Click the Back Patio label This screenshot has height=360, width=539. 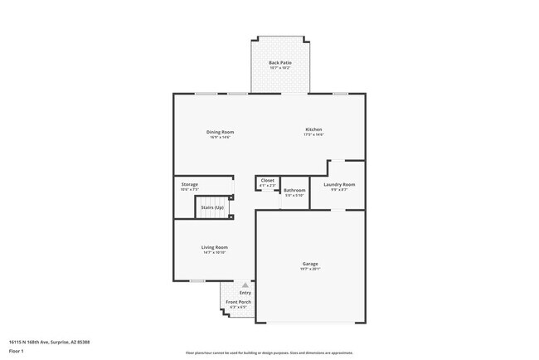[279, 62]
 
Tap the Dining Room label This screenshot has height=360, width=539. [220, 132]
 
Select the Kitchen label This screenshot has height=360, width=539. [313, 129]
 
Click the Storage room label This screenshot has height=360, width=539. [190, 184]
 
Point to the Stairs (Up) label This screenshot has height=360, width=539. [212, 207]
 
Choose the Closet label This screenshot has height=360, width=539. [267, 180]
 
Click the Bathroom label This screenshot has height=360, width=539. [294, 190]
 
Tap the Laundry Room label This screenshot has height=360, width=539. [339, 184]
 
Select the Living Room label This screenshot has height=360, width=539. [214, 247]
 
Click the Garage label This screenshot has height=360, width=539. [309, 264]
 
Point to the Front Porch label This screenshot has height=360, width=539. [238, 302]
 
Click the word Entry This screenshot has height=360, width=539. [245, 293]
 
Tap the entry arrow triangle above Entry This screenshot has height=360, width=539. [245, 285]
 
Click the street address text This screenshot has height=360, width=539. [49, 341]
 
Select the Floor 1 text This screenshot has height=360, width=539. [16, 351]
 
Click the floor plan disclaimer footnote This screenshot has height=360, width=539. [269, 353]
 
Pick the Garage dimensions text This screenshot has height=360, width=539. [309, 269]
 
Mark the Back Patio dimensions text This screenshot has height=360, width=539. [279, 67]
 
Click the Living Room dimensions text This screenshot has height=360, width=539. [214, 252]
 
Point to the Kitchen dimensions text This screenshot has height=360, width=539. [313, 134]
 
